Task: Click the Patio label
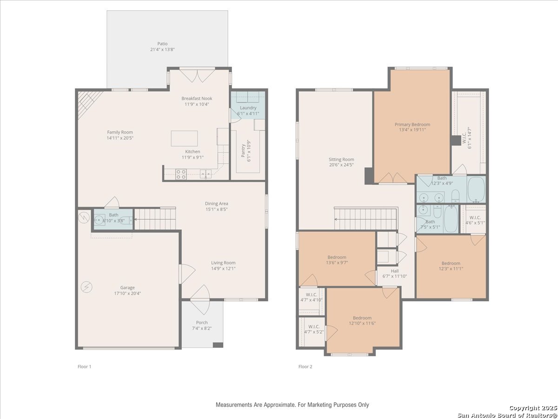click(x=162, y=44)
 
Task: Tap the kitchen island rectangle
click(x=184, y=138)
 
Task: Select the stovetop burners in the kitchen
click(x=181, y=174)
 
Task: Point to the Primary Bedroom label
click(x=412, y=124)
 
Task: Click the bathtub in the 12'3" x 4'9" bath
click(x=476, y=189)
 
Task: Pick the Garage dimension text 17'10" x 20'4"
click(x=127, y=293)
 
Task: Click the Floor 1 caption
click(x=85, y=366)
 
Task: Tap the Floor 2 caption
click(x=306, y=366)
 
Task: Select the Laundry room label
click(x=248, y=108)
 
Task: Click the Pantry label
click(x=243, y=150)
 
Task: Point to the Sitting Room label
click(x=341, y=160)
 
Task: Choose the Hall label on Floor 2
click(x=395, y=271)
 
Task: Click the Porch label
click(x=202, y=323)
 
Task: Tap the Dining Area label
click(x=217, y=203)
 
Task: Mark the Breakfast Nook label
click(x=197, y=98)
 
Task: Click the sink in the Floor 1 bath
click(x=99, y=219)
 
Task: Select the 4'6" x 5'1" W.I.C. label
click(x=475, y=220)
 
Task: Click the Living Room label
click(x=223, y=263)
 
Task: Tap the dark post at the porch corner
click(x=218, y=345)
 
